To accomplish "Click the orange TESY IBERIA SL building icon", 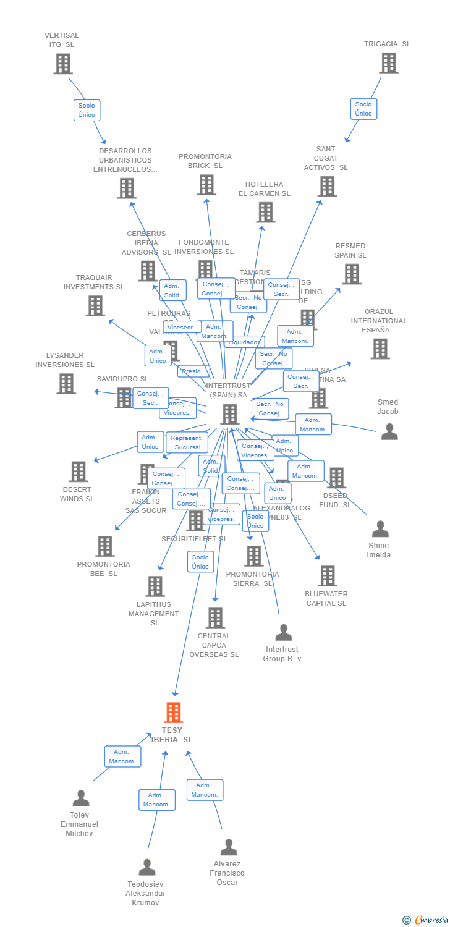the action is [x=173, y=713].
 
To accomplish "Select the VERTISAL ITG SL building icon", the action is [x=62, y=64].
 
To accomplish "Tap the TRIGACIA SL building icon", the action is [x=388, y=63].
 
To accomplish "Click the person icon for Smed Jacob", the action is [x=389, y=431].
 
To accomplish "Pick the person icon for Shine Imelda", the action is [x=380, y=529].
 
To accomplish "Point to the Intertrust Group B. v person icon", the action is [x=283, y=633].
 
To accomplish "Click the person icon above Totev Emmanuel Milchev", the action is [x=80, y=798].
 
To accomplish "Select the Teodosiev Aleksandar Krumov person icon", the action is [x=146, y=868].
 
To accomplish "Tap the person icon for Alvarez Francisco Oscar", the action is [x=228, y=847].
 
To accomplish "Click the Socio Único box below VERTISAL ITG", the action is [x=87, y=110].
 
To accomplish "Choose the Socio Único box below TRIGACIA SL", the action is [x=363, y=109].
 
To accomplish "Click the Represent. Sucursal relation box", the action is [x=187, y=442].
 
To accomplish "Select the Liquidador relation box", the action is [x=245, y=342].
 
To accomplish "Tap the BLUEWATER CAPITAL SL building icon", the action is [x=327, y=576].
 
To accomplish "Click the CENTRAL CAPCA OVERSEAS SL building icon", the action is [x=214, y=617].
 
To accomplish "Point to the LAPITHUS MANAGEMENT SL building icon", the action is [x=155, y=586].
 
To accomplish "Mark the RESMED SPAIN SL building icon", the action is [x=351, y=274].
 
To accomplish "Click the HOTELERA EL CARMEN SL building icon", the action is [x=265, y=213].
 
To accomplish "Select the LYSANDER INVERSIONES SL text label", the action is [x=65, y=360].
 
